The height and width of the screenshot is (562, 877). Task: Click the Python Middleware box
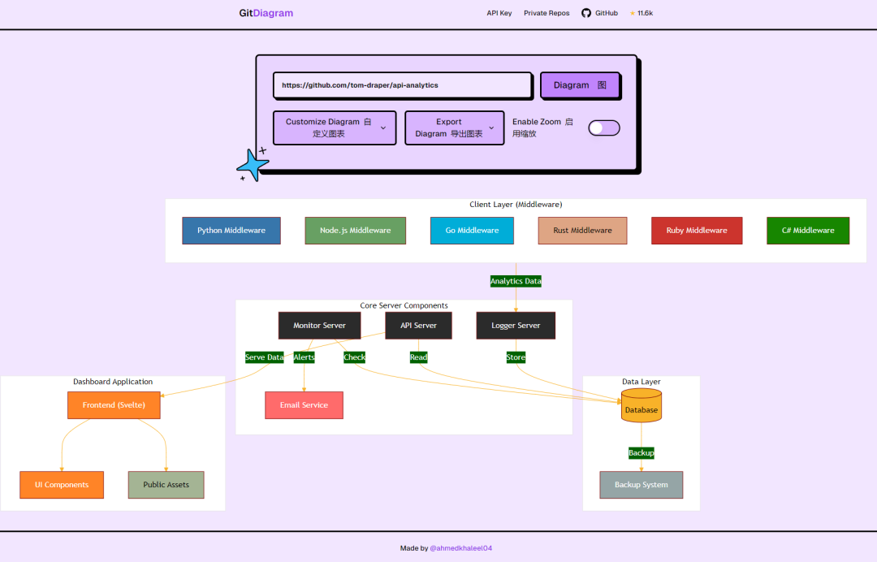pyautogui.click(x=231, y=231)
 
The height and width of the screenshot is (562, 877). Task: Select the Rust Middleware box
pyautogui.click(x=582, y=231)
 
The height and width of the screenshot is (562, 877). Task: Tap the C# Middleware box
pyautogui.click(x=808, y=231)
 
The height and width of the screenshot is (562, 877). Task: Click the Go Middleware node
pyautogui.click(x=472, y=231)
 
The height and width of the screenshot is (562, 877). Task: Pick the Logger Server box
pyautogui.click(x=516, y=326)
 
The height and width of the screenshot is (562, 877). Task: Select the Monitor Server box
pyautogui.click(x=319, y=326)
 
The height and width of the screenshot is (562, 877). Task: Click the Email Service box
pyautogui.click(x=304, y=405)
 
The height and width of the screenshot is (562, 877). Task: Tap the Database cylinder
pyautogui.click(x=642, y=406)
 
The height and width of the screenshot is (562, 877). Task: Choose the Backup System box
pyautogui.click(x=642, y=485)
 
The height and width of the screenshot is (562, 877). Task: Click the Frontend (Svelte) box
pyautogui.click(x=114, y=405)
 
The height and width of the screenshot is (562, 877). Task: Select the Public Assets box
pyautogui.click(x=166, y=485)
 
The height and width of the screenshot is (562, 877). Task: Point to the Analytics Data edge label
pyautogui.click(x=516, y=281)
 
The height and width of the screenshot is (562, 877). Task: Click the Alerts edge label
pyautogui.click(x=304, y=357)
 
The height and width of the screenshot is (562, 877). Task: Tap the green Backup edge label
pyautogui.click(x=641, y=452)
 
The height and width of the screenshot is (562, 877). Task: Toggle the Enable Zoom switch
pyautogui.click(x=603, y=128)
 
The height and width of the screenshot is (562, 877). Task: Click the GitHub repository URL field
pyautogui.click(x=402, y=85)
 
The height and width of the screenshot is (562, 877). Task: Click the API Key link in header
pyautogui.click(x=499, y=13)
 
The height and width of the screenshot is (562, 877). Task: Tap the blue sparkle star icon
pyautogui.click(x=253, y=166)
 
